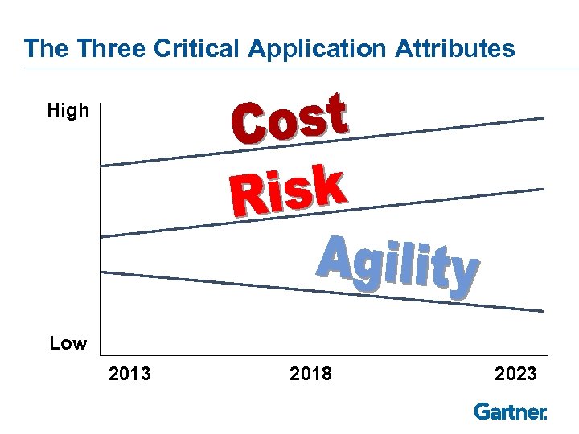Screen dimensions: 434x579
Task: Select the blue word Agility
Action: pyautogui.click(x=398, y=263)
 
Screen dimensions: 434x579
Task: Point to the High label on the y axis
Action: pyautogui.click(x=68, y=111)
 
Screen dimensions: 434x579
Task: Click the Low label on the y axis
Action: pyautogui.click(x=68, y=344)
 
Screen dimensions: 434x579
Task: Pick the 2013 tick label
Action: pyautogui.click(x=130, y=374)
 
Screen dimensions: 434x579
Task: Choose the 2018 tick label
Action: pyautogui.click(x=310, y=374)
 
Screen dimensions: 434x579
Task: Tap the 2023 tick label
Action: pyautogui.click(x=515, y=374)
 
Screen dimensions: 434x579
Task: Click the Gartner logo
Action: pyautogui.click(x=511, y=411)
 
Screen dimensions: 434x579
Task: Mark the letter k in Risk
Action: pyautogui.click(x=330, y=183)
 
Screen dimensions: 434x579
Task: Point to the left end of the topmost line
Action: pyautogui.click(x=102, y=166)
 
